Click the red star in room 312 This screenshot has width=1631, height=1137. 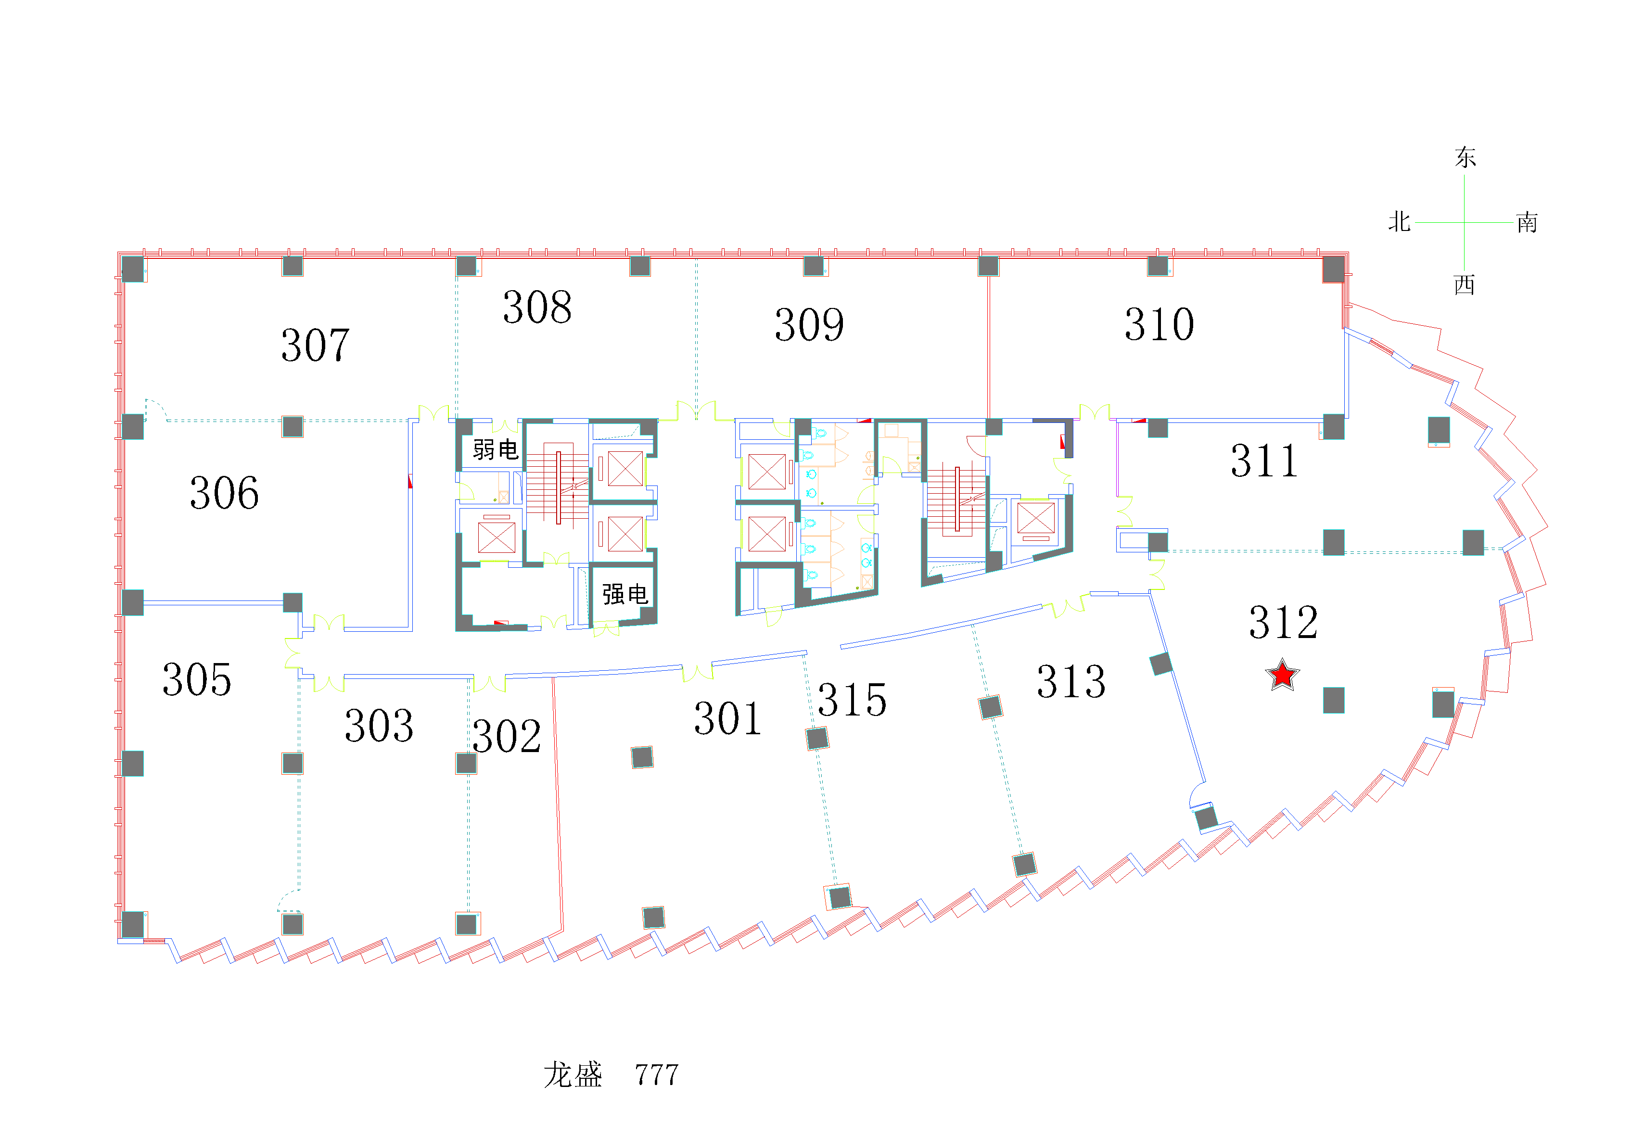coord(1282,675)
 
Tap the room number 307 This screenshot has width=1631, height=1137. coord(316,345)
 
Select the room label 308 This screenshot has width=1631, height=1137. coord(537,307)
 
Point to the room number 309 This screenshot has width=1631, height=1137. coord(809,325)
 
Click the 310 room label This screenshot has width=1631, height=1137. coord(1160,325)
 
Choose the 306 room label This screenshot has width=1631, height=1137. coord(225,493)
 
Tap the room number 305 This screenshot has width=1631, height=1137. coord(197,679)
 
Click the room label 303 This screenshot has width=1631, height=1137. coord(379,726)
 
